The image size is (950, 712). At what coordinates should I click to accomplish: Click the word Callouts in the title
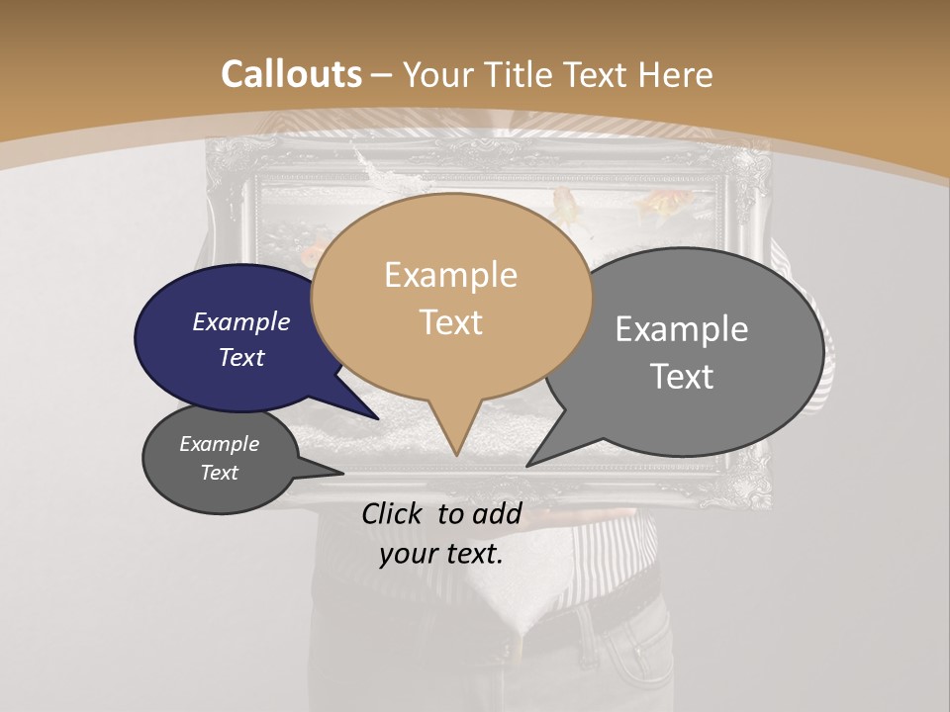click(x=291, y=74)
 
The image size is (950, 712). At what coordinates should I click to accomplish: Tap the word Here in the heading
click(x=676, y=74)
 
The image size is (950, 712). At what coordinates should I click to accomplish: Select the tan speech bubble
click(x=451, y=297)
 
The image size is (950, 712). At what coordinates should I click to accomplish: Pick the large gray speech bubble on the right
click(x=693, y=351)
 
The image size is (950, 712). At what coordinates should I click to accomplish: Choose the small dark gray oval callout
click(x=220, y=459)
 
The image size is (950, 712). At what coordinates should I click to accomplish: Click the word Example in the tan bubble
click(x=451, y=275)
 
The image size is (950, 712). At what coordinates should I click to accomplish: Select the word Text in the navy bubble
click(x=241, y=358)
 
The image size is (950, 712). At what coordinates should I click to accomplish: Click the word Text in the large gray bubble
click(x=683, y=377)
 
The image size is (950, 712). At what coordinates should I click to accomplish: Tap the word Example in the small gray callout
click(x=220, y=445)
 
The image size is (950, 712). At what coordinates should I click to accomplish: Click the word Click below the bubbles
click(x=395, y=513)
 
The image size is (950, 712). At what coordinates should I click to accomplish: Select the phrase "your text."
click(x=441, y=554)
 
